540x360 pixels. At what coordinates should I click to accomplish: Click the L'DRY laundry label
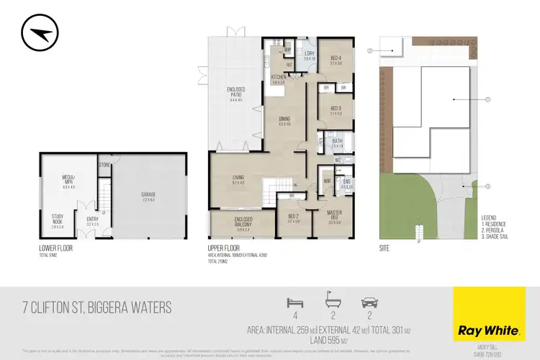pyautogui.click(x=309, y=55)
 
